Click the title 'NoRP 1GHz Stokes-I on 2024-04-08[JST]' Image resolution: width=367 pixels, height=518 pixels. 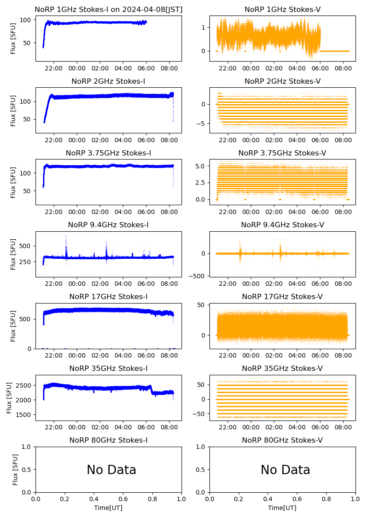pyautogui.click(x=108, y=9)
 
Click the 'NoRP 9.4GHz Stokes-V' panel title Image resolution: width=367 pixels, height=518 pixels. pyautogui.click(x=282, y=225)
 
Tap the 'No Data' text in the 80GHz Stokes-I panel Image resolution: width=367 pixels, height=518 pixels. pyautogui.click(x=111, y=470)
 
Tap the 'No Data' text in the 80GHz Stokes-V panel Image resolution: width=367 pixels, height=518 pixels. pyautogui.click(x=285, y=470)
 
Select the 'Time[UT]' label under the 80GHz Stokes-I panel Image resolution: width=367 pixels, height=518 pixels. pyautogui.click(x=108, y=508)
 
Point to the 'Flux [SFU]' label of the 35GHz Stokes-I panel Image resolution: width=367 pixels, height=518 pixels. pyautogui.click(x=10, y=397)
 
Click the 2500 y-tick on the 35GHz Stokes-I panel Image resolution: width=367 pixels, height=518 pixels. pyautogui.click(x=24, y=385)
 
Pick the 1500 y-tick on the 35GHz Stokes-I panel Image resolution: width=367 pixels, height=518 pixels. pyautogui.click(x=24, y=415)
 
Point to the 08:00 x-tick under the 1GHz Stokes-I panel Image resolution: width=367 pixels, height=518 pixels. pyautogui.click(x=170, y=69)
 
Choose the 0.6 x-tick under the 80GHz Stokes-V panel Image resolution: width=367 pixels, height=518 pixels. pyautogui.click(x=297, y=499)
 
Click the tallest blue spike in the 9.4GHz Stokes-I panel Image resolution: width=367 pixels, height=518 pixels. pyautogui.click(x=66, y=236)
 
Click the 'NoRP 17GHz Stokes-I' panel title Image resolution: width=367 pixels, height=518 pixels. pyautogui.click(x=108, y=296)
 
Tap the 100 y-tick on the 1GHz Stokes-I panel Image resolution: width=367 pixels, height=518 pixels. pyautogui.click(x=26, y=20)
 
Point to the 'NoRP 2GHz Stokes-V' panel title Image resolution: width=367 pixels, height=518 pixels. pyautogui.click(x=282, y=81)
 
